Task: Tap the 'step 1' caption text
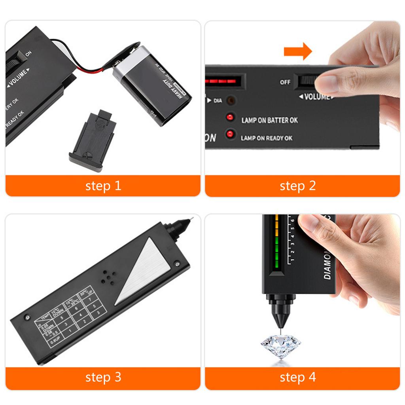coord(103,186)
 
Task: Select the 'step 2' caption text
coord(298,186)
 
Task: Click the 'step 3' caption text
coord(103,377)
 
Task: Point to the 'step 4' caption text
coord(298,377)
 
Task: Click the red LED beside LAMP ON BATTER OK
coord(229,118)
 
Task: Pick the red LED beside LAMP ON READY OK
coord(229,134)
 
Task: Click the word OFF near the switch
coord(285,82)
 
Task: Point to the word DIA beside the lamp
coord(218,100)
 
